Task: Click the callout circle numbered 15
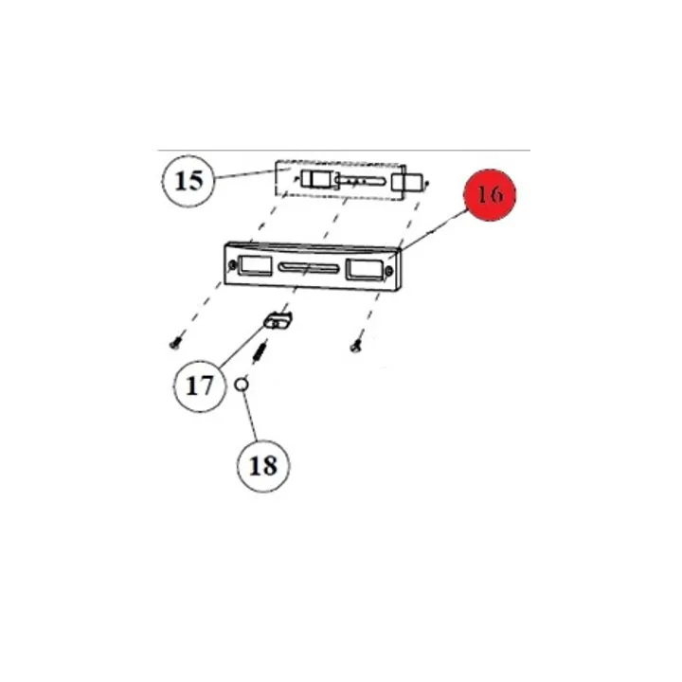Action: pyautogui.click(x=188, y=181)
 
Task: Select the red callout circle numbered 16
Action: pyautogui.click(x=490, y=195)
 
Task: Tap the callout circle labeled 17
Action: pyautogui.click(x=200, y=386)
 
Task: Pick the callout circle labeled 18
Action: pyautogui.click(x=263, y=466)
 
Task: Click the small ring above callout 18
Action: pyautogui.click(x=242, y=385)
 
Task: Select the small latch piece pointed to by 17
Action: pyautogui.click(x=278, y=320)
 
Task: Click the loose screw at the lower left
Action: pyautogui.click(x=174, y=345)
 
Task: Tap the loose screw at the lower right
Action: pyautogui.click(x=355, y=347)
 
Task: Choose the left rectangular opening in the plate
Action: pyautogui.click(x=255, y=266)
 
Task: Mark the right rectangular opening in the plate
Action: pyautogui.click(x=364, y=270)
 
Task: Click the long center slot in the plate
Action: pyautogui.click(x=309, y=267)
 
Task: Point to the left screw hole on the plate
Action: pyautogui.click(x=232, y=265)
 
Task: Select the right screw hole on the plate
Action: pyautogui.click(x=389, y=272)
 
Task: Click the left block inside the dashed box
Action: pyautogui.click(x=317, y=180)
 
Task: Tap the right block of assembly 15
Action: pyautogui.click(x=406, y=183)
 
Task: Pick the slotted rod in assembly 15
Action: pyautogui.click(x=360, y=181)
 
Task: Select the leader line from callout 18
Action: pyautogui.click(x=250, y=416)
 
